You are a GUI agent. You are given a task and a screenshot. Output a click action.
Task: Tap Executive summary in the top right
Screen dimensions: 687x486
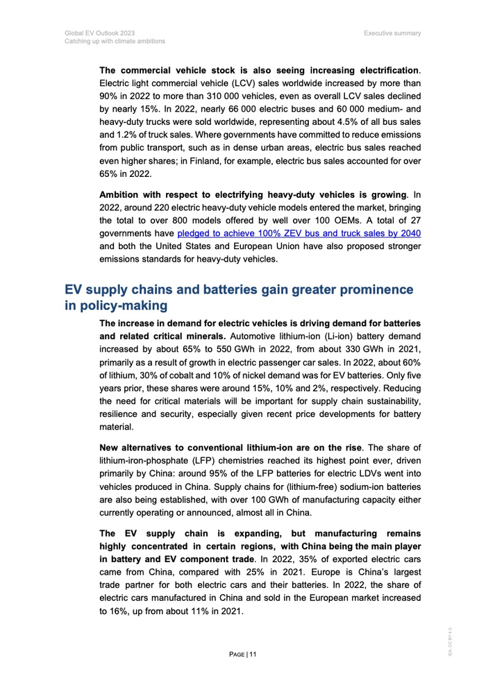(396, 32)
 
